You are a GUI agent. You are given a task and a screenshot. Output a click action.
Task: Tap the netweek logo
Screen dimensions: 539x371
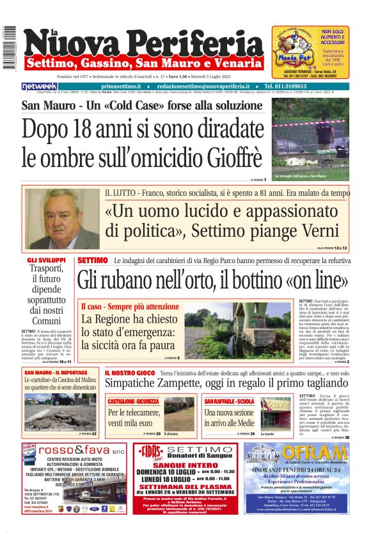[x=39, y=86]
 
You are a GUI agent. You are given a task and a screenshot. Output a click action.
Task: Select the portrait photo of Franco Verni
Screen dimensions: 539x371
[x=63, y=218]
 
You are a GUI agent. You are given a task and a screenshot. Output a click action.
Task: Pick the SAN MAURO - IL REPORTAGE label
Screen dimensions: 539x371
[x=56, y=372]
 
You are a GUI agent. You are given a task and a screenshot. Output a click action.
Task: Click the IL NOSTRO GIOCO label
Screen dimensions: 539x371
[x=129, y=373]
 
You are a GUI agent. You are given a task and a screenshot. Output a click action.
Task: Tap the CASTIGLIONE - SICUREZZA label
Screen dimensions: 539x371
[x=134, y=401]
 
